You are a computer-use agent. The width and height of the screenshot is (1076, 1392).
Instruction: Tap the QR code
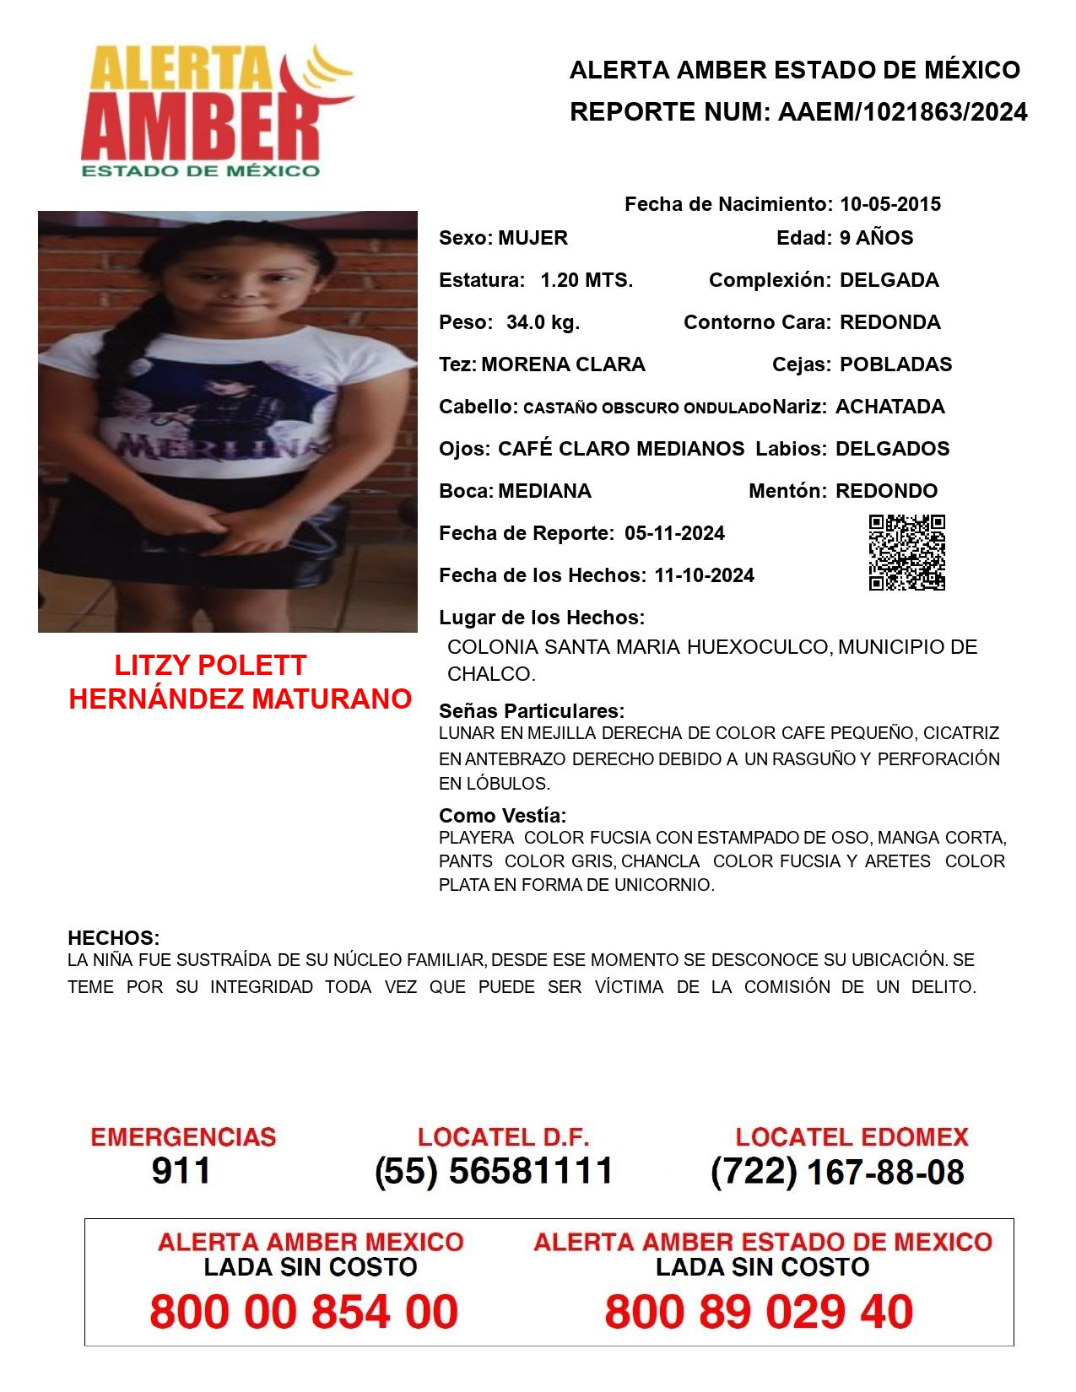click(906, 553)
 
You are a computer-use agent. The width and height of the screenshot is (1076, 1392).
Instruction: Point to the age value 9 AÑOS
click(876, 238)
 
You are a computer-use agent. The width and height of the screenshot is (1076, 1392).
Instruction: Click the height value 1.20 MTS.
click(587, 280)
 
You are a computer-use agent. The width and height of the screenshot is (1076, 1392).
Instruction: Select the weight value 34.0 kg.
click(543, 322)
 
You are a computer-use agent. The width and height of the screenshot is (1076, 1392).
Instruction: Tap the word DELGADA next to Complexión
click(889, 280)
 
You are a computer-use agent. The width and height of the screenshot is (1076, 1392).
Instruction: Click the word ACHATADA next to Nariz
click(889, 407)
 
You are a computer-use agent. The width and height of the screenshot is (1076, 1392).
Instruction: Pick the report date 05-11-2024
click(674, 533)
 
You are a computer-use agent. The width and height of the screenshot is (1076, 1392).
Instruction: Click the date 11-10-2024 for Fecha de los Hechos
click(704, 575)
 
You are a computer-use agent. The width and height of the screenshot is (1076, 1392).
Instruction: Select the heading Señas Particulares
click(532, 710)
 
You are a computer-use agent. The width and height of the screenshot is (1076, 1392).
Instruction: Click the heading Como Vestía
click(502, 816)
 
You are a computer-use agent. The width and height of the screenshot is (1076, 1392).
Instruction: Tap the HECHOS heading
click(113, 938)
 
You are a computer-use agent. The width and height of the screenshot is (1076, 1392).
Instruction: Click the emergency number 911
click(181, 1171)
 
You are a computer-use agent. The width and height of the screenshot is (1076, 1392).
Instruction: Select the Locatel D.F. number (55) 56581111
click(494, 1171)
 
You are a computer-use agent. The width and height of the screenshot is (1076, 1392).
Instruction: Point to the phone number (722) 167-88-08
click(837, 1172)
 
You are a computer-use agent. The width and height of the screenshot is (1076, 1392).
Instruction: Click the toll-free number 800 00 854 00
click(304, 1312)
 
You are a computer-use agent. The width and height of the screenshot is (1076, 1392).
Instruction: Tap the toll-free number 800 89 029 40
click(759, 1312)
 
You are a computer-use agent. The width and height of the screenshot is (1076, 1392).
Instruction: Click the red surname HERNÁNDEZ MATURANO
click(240, 699)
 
